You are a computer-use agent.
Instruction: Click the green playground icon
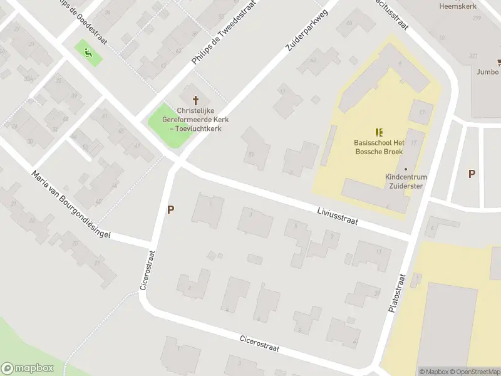click(88, 53)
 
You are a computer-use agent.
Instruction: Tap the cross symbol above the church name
click(195, 100)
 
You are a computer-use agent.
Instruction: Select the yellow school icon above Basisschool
click(378, 132)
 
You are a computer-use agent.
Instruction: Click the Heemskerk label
click(458, 6)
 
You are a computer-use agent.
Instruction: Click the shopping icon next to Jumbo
click(499, 62)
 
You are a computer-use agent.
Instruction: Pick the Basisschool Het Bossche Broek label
click(378, 147)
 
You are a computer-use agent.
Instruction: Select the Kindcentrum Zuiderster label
click(406, 181)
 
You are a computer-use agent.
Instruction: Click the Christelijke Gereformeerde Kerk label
click(195, 119)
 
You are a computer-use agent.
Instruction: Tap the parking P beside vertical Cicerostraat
click(170, 210)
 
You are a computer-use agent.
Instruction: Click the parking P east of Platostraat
click(472, 174)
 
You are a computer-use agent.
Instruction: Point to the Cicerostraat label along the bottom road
click(259, 343)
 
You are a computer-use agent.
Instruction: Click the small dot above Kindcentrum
click(406, 169)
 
